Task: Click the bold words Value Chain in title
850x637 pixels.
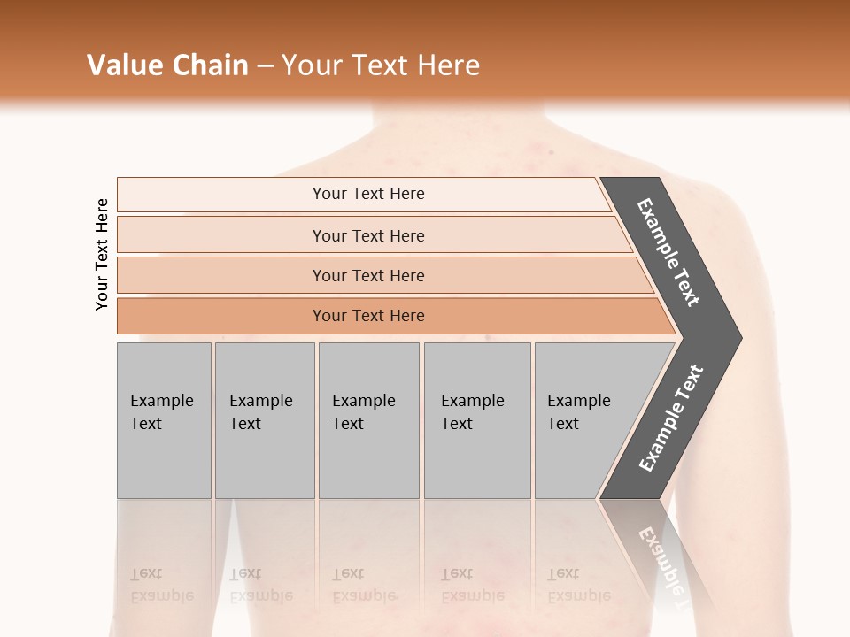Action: [167, 65]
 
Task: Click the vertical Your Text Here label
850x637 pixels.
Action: [102, 254]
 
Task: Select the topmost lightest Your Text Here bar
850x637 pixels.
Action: [367, 194]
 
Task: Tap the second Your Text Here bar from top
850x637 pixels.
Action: [367, 235]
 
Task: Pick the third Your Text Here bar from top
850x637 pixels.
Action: [367, 275]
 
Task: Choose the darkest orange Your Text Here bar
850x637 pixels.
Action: [367, 316]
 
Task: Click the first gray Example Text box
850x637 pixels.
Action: [164, 420]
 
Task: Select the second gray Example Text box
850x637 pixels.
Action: [265, 420]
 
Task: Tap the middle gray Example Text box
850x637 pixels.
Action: [368, 420]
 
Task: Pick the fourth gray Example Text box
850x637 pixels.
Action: [477, 420]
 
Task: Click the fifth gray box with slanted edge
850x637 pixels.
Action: [584, 420]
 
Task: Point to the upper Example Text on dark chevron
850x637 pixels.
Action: [669, 252]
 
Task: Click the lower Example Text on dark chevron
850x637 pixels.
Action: [671, 418]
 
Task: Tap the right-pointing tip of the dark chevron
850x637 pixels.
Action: [735, 338]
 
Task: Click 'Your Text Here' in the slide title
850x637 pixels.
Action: [381, 65]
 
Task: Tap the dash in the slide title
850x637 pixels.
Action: [265, 66]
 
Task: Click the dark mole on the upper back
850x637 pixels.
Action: [552, 152]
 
